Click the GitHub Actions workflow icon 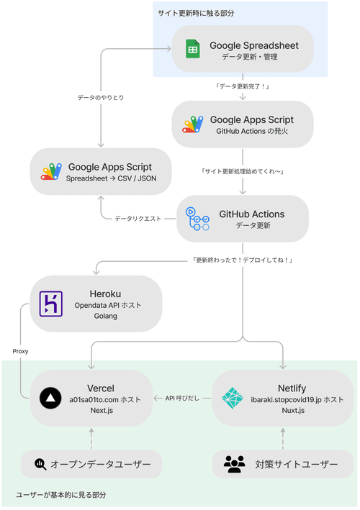[197, 219]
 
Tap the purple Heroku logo [50, 305]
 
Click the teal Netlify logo [233, 398]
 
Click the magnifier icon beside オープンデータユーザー [40, 465]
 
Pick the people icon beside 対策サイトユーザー [234, 465]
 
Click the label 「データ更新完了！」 [243, 86]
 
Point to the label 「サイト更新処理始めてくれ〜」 [242, 171]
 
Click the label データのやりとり [101, 97]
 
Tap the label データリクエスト [138, 218]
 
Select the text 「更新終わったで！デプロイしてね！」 [242, 260]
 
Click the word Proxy [20, 351]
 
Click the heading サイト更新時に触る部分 [196, 13]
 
